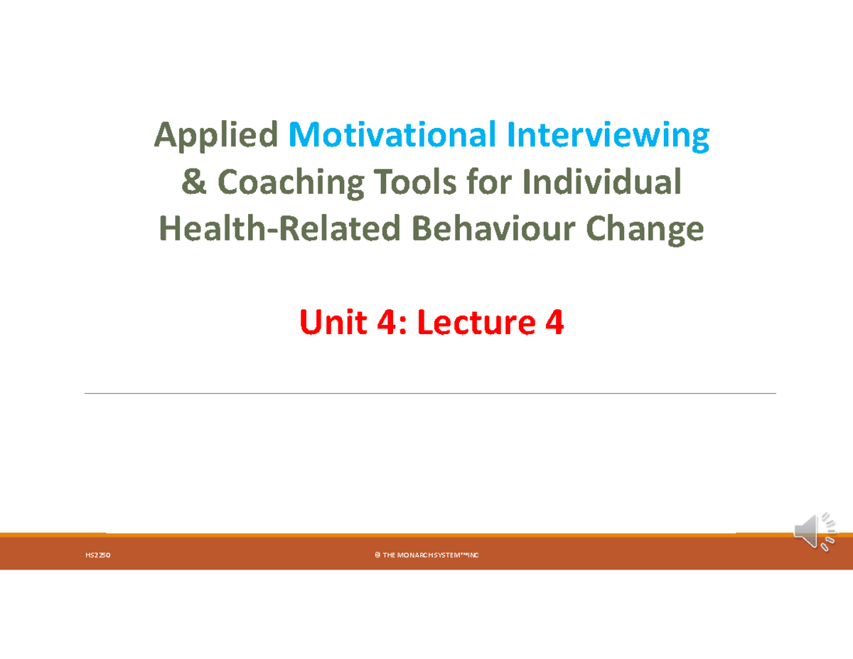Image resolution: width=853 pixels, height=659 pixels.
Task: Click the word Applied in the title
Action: pyautogui.click(x=216, y=135)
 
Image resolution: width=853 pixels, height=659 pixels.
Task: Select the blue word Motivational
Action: pyautogui.click(x=393, y=135)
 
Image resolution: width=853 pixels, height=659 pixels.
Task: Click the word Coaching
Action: pyautogui.click(x=290, y=182)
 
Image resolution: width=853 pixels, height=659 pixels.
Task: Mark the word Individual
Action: pyautogui.click(x=602, y=182)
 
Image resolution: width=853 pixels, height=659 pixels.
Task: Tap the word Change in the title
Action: pyautogui.click(x=645, y=229)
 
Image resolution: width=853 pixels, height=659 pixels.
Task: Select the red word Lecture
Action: pyautogui.click(x=473, y=323)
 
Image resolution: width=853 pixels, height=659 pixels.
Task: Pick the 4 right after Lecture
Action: pyautogui.click(x=554, y=323)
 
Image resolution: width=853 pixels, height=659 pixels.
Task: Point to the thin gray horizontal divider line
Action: pyautogui.click(x=430, y=393)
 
